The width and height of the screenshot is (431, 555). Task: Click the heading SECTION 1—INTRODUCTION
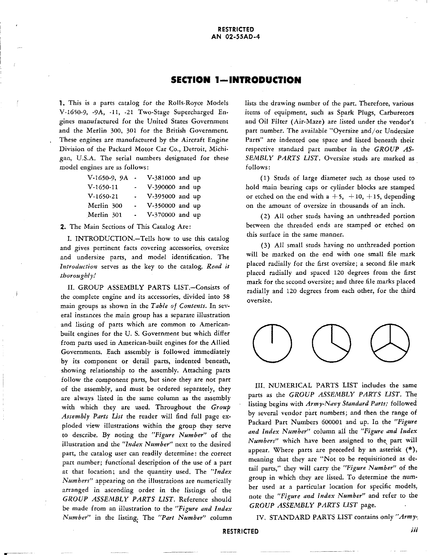[236, 80]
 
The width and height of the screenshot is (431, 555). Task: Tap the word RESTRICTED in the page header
[236, 29]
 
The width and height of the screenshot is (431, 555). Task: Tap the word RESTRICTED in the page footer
[241, 531]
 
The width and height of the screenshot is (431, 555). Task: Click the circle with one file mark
[272, 343]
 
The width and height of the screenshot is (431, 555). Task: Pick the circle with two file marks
[331, 343]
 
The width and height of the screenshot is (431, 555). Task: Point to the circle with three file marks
[390, 343]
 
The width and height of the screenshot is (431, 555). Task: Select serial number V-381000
[161, 178]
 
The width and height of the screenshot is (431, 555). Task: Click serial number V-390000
[161, 187]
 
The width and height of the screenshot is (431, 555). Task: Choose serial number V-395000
[161, 197]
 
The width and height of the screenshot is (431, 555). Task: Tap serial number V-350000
[161, 206]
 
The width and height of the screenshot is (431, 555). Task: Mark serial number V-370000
[161, 215]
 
